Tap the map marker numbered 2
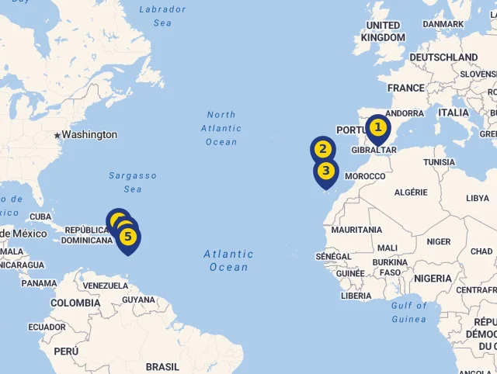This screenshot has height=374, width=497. click(323, 149)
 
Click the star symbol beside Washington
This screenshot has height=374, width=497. click(57, 135)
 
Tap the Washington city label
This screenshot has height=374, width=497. click(89, 135)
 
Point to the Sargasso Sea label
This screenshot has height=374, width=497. click(133, 182)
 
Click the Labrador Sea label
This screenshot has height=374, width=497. click(162, 16)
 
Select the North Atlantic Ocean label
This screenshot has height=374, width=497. click(221, 128)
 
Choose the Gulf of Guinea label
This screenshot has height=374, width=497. click(409, 312)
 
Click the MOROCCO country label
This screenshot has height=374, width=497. click(365, 177)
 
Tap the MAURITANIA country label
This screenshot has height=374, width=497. click(356, 230)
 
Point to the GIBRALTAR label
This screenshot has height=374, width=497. click(374, 150)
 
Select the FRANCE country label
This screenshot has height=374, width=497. click(406, 88)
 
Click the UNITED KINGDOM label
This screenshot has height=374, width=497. click(383, 32)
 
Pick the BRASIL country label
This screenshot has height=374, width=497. click(162, 366)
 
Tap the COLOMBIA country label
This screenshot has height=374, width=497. click(75, 303)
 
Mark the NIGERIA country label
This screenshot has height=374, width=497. click(433, 279)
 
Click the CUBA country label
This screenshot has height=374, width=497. click(40, 217)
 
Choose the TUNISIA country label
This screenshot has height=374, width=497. click(440, 162)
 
